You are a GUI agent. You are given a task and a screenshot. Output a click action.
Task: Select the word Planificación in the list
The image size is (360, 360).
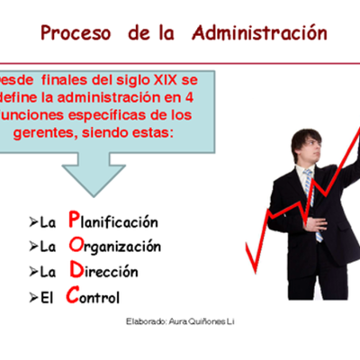[116, 221]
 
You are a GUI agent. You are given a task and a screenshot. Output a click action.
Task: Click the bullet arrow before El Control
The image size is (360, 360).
[33, 295]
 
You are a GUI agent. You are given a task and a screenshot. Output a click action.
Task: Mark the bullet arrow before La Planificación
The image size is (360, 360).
[33, 222]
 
